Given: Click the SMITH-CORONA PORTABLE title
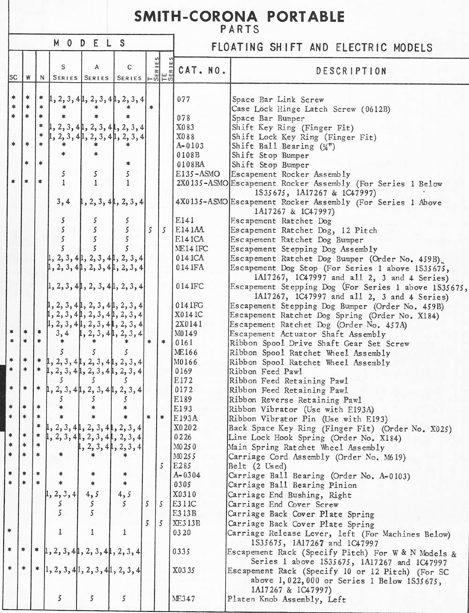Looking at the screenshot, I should click(240, 17).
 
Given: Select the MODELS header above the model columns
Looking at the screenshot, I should click(90, 43).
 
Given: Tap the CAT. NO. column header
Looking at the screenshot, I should click(202, 71).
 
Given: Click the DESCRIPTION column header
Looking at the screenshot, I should click(351, 71).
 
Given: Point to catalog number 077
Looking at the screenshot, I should click(183, 100).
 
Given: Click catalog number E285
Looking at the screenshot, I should click(182, 466).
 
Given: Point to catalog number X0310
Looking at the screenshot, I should click(184, 495).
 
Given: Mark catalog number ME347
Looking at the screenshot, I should click(184, 599).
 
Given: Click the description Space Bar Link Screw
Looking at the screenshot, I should click(278, 100).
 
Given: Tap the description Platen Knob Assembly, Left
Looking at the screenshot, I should click(287, 599).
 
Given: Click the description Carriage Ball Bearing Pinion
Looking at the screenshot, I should click(292, 485).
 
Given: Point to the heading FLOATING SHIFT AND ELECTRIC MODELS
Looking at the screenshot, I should click(322, 47).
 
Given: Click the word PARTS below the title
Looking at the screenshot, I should click(240, 30).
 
